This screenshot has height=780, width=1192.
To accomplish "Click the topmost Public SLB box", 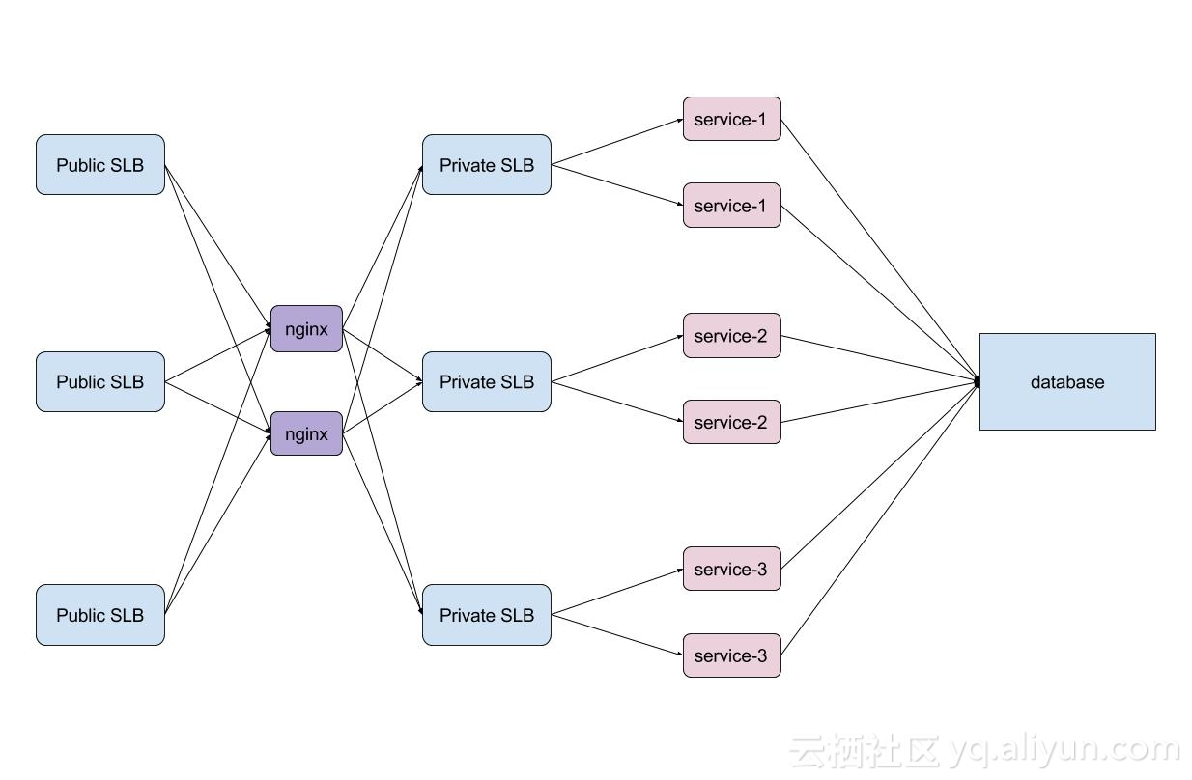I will tap(100, 165).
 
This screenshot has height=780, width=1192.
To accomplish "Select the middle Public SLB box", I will tap(100, 382).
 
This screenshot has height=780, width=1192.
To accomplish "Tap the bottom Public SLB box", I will tap(100, 615).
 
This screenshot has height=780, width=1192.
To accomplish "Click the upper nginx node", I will tap(306, 329).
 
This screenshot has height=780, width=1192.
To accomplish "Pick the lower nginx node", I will tap(306, 434).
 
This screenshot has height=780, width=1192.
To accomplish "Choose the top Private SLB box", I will tap(486, 165).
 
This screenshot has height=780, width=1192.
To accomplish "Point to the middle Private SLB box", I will tap(486, 382).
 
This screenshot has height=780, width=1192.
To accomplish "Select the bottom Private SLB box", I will tap(486, 615).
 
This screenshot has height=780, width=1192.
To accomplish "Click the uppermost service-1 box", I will tap(731, 119).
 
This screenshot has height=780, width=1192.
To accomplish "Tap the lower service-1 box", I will tap(731, 206).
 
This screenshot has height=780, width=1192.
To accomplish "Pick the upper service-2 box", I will tap(731, 336).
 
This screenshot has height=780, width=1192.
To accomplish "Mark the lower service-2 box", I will tap(731, 423).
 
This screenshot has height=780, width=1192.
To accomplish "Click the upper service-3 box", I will tap(731, 570).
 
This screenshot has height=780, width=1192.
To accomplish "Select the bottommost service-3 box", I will tap(731, 656).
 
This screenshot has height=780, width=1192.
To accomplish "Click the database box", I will tap(1067, 382).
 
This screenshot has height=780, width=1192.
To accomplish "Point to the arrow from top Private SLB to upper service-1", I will tap(617, 142).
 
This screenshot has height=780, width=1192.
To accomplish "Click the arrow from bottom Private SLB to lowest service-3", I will tap(617, 635).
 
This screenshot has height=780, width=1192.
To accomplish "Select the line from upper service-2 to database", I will tap(879, 358).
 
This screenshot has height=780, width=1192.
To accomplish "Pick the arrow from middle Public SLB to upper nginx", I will tap(217, 356).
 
